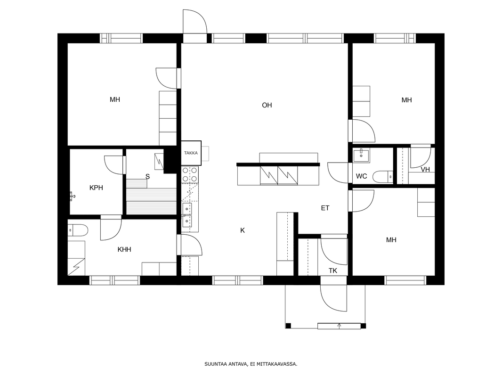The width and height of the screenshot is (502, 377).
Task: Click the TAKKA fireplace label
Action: click(x=191, y=153)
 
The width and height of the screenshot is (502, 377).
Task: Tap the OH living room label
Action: click(x=267, y=105)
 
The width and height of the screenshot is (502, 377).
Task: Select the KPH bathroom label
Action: click(x=96, y=188)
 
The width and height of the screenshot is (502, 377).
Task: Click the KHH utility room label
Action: click(x=124, y=249)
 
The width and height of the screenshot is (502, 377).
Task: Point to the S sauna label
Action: click(x=147, y=177)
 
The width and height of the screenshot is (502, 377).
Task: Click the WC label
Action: click(x=362, y=176)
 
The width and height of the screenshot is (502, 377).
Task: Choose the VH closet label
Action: click(x=425, y=170)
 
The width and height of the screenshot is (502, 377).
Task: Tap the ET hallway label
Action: click(x=325, y=208)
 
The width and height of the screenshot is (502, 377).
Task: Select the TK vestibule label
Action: click(x=333, y=270)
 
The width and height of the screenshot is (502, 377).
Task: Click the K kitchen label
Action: click(x=243, y=230)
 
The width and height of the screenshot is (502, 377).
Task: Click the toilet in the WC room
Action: click(x=383, y=177)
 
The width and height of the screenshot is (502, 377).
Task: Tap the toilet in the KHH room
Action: click(x=78, y=230)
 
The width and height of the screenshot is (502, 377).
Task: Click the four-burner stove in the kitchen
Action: click(x=189, y=174)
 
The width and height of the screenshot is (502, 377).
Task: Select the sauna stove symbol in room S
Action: click(x=159, y=162)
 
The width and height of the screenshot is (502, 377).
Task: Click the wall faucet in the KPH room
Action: click(x=72, y=195)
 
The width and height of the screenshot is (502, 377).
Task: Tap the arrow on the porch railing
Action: click(x=340, y=326)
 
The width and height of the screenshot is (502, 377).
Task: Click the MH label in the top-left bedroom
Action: click(x=115, y=99)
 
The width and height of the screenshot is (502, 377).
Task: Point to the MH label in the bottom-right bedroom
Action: click(x=391, y=240)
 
